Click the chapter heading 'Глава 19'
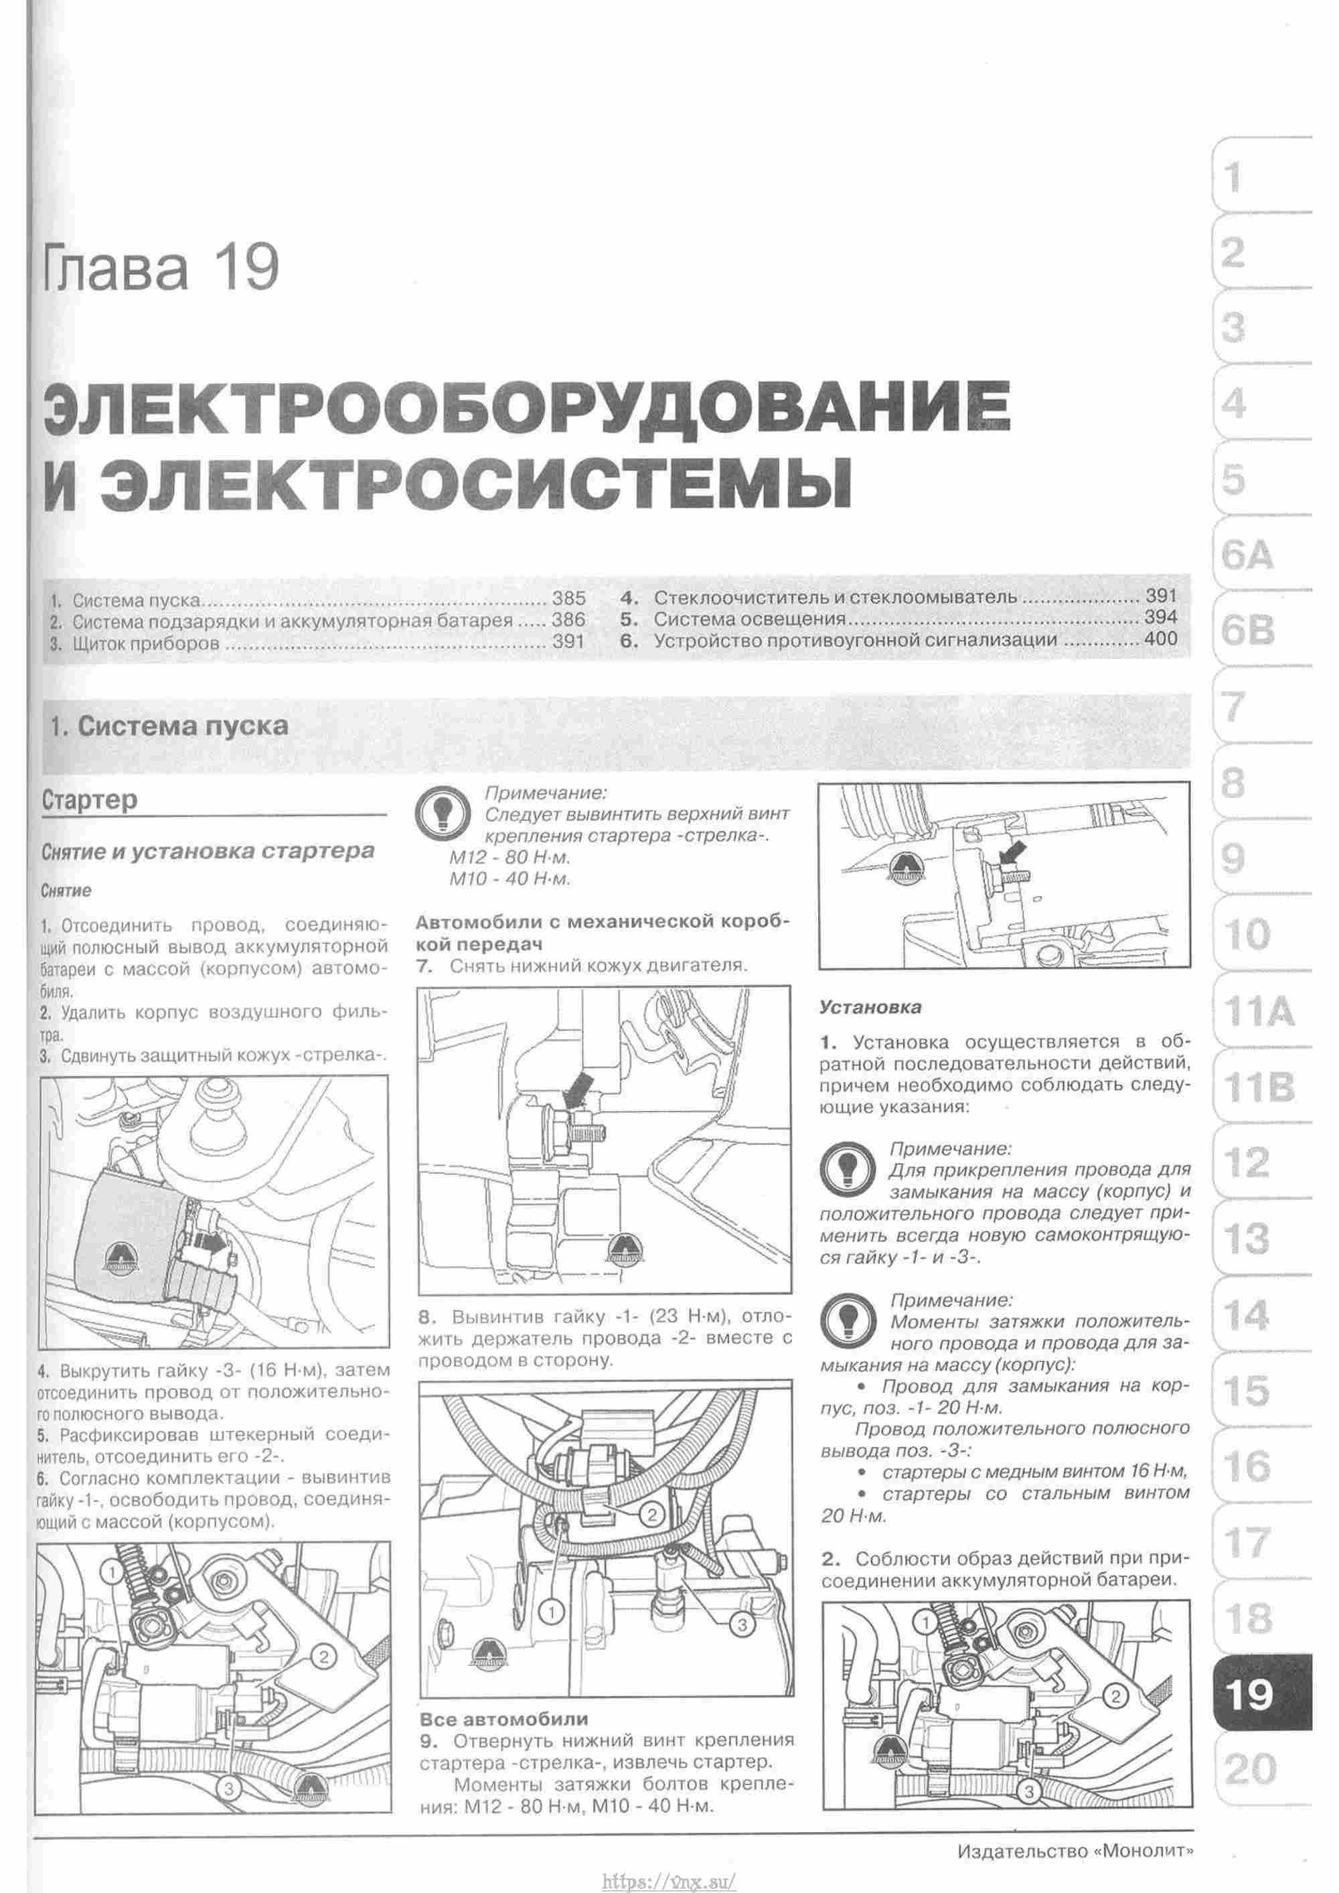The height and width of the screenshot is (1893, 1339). [x=161, y=269]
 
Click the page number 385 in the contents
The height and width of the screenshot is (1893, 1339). [x=569, y=598]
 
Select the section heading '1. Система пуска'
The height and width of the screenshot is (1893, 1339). [x=169, y=726]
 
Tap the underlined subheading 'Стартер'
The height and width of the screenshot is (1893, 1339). [x=90, y=800]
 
